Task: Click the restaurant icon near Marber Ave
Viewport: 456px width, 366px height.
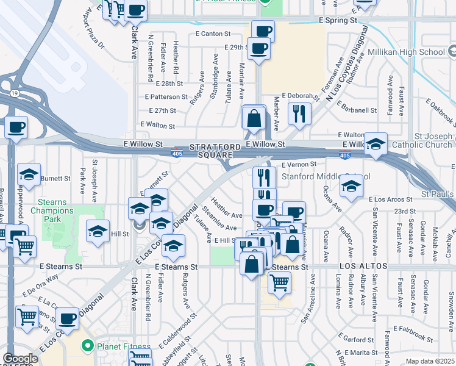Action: point(299,113)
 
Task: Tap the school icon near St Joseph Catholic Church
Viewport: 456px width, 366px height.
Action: point(376,145)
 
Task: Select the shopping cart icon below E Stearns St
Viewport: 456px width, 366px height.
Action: point(279,282)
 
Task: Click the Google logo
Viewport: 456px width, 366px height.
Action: point(20,359)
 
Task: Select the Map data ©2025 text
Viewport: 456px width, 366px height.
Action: point(430,361)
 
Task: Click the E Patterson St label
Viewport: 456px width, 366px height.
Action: point(166,97)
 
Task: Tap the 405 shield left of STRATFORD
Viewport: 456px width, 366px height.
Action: point(177,150)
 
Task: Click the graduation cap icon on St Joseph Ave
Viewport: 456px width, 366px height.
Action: point(98,232)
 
